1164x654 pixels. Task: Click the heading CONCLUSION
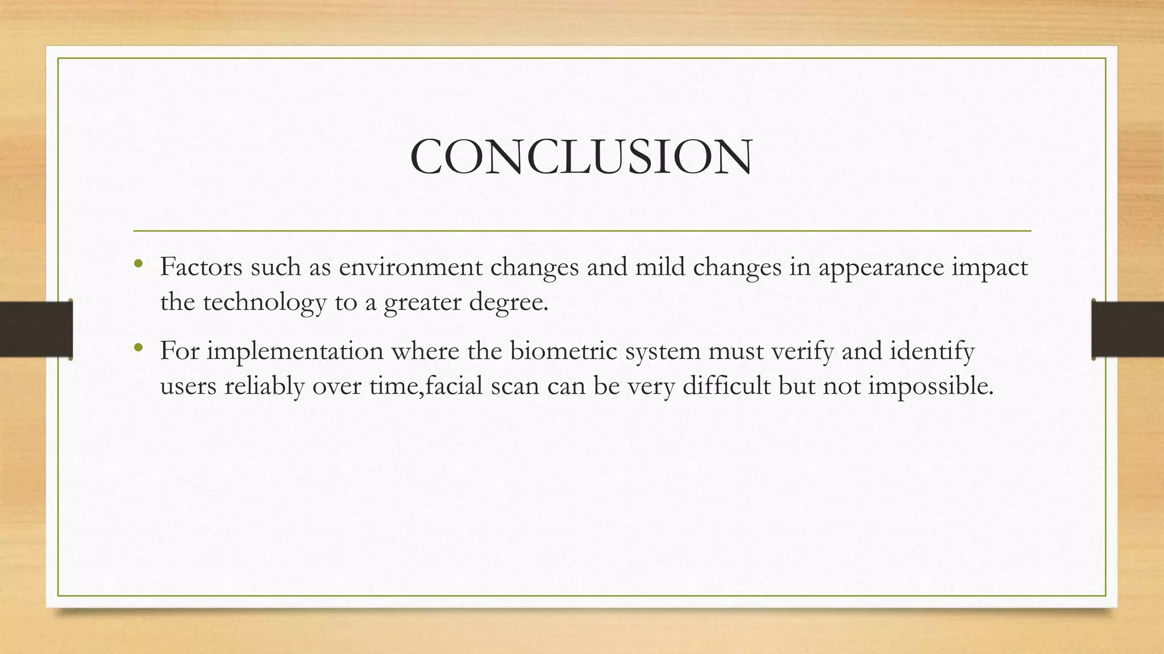(581, 157)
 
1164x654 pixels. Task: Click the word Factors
(201, 267)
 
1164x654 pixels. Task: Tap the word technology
(264, 302)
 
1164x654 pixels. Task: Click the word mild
(660, 267)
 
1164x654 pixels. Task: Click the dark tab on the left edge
(36, 329)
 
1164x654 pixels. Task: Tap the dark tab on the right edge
(1128, 329)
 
